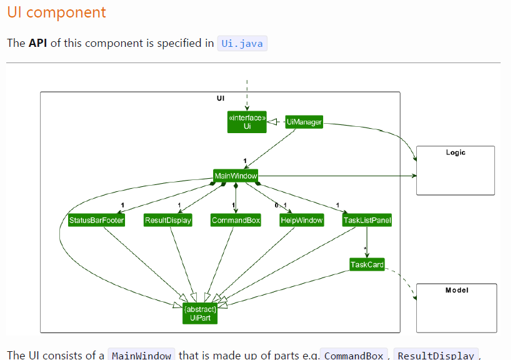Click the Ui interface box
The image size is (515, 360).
[x=247, y=122]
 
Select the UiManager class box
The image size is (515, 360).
[x=304, y=122]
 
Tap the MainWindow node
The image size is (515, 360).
[x=236, y=176]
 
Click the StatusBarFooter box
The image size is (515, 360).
[x=96, y=220]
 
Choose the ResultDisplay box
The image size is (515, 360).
[x=167, y=220]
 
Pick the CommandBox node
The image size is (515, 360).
[x=236, y=220]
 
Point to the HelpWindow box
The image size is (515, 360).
[x=301, y=220]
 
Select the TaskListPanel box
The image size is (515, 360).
[x=367, y=220]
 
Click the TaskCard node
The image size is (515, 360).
[x=367, y=264]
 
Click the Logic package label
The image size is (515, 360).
[x=455, y=152]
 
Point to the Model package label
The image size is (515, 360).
[x=456, y=290]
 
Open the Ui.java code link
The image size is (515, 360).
[x=242, y=43]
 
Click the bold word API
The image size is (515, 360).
[x=39, y=43]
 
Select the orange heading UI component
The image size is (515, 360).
[x=57, y=12]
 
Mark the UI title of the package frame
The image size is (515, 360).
[x=220, y=98]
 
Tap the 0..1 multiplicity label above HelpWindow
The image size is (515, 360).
[x=281, y=206]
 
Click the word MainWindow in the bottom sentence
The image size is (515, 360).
[x=141, y=355]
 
